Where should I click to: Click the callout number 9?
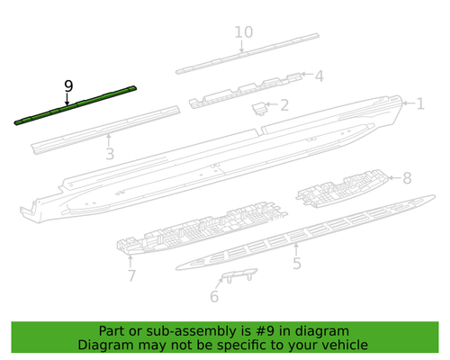(x=68, y=85)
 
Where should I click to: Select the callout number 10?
(x=243, y=33)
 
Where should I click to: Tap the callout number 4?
(x=318, y=76)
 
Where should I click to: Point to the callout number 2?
(x=284, y=106)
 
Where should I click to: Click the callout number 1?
(x=419, y=103)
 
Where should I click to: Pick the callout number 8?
(x=406, y=178)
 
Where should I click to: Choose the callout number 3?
(x=109, y=156)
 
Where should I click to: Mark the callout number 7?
(x=131, y=275)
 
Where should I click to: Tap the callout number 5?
(x=296, y=264)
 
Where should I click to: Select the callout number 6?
(x=214, y=296)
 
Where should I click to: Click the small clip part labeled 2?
(x=258, y=108)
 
